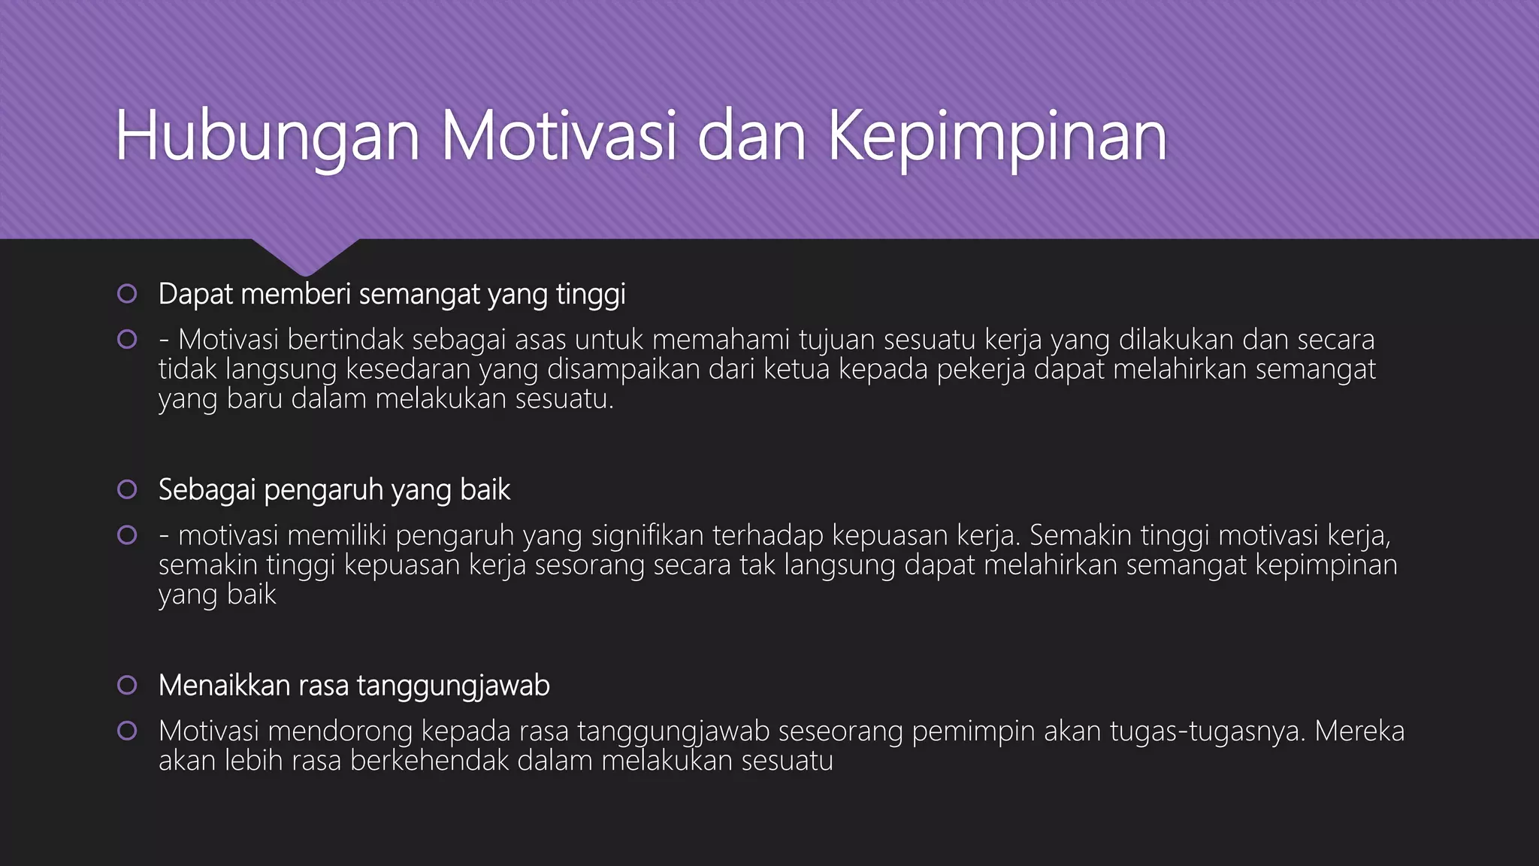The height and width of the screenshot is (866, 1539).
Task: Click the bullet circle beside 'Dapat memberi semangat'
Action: pos(127,294)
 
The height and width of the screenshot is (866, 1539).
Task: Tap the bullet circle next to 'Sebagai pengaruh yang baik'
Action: pos(127,489)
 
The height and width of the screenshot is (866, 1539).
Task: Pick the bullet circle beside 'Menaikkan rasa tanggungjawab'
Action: pos(127,685)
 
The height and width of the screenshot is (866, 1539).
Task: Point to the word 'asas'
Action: pos(540,340)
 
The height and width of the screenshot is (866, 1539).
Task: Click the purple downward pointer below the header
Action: pos(305,256)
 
